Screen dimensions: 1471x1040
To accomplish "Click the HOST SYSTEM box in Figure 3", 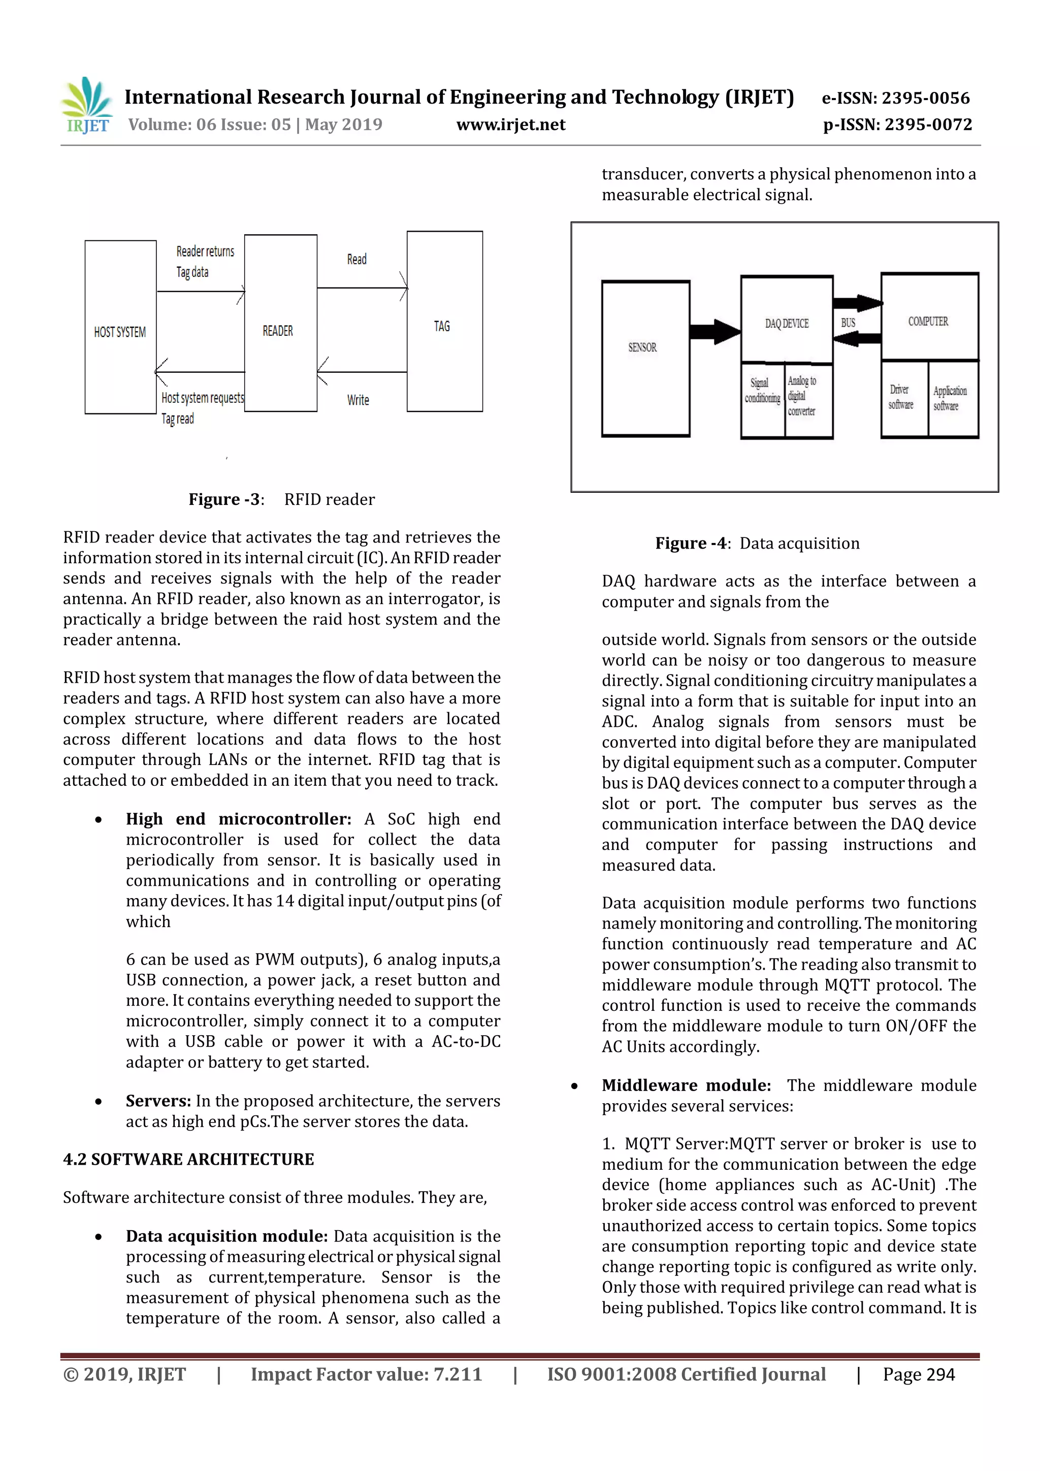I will point(120,328).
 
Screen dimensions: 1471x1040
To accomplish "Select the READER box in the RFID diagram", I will point(280,324).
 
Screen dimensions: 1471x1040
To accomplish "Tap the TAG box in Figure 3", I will point(444,322).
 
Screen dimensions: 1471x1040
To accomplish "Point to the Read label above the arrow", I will point(356,260).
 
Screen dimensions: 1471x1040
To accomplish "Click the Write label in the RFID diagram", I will point(358,400).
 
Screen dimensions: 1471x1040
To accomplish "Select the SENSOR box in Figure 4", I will point(645,358).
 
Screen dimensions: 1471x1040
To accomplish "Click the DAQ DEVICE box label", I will point(787,324).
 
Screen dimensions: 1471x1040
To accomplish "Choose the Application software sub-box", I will point(951,399).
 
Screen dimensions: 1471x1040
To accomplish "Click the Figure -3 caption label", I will point(225,500).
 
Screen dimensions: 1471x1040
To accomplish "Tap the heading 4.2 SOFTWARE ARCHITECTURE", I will point(188,1160).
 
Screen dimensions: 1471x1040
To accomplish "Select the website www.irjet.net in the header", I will point(510,124).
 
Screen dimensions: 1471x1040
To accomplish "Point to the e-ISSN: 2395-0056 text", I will point(895,98).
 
